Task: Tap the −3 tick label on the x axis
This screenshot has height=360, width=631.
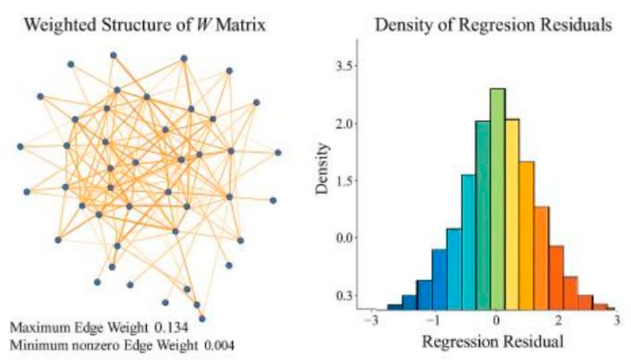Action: pyautogui.click(x=371, y=320)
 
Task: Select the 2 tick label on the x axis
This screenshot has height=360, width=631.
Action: pyautogui.click(x=557, y=320)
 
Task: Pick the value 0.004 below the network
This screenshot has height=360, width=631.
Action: pyautogui.click(x=219, y=344)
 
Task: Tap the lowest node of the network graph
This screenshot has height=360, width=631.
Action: pyautogui.click(x=202, y=318)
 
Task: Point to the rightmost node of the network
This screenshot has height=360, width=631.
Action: pyautogui.click(x=278, y=153)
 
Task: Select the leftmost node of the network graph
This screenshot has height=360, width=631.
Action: pyautogui.click(x=20, y=146)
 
